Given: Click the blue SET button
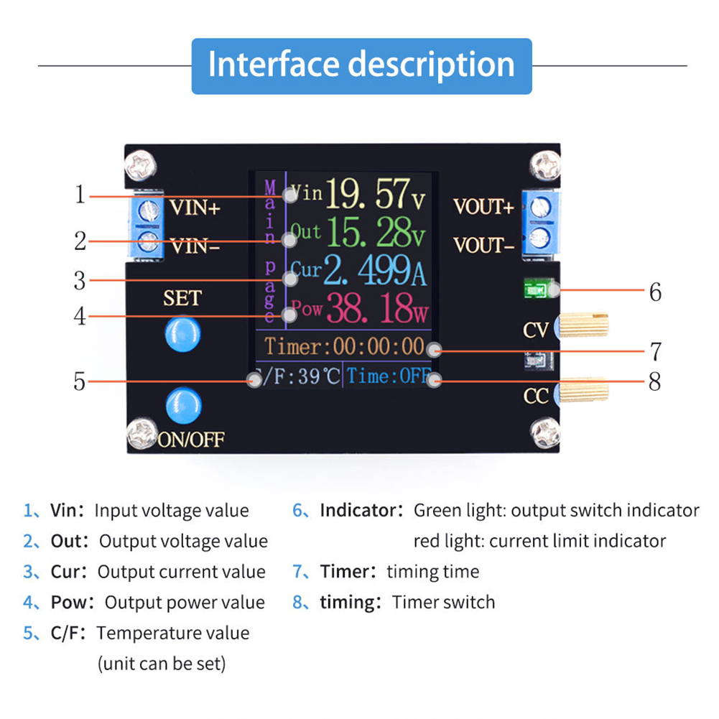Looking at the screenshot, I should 182,333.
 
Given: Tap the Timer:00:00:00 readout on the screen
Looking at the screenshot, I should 345,347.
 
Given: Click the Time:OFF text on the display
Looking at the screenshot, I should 388,376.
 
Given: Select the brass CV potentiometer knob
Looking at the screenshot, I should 584,325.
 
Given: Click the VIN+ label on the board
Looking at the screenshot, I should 195,208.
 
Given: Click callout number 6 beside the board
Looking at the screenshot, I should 654,292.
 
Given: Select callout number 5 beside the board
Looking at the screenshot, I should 80,381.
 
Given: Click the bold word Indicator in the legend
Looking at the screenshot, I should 357,511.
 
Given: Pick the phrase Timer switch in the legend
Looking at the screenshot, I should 443,602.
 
